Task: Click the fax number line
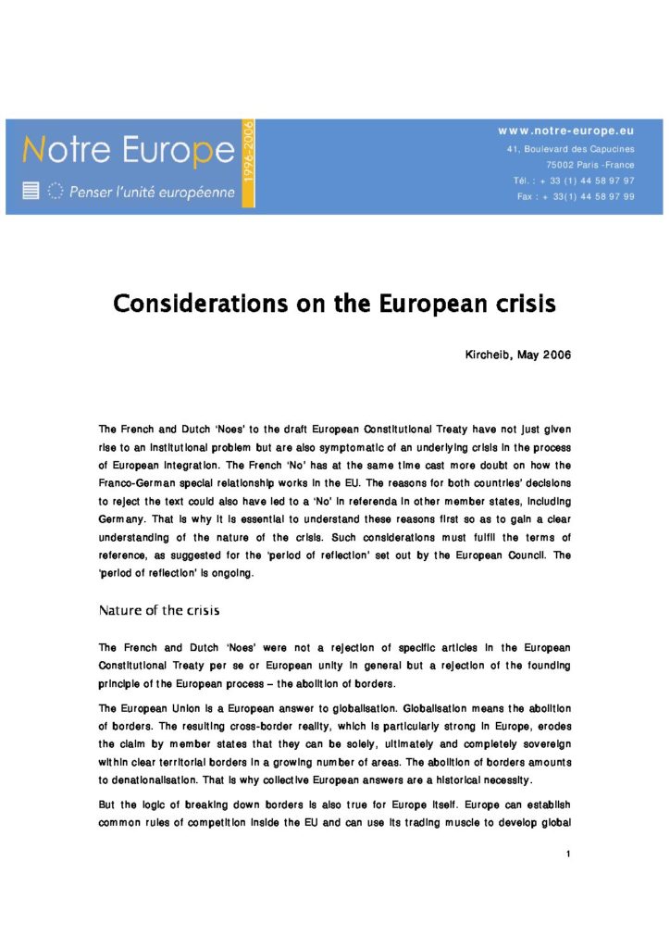(x=576, y=196)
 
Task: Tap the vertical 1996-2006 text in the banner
(x=247, y=163)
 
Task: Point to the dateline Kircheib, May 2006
(x=517, y=355)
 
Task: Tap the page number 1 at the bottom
(x=567, y=853)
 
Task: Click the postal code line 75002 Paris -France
(x=585, y=165)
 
